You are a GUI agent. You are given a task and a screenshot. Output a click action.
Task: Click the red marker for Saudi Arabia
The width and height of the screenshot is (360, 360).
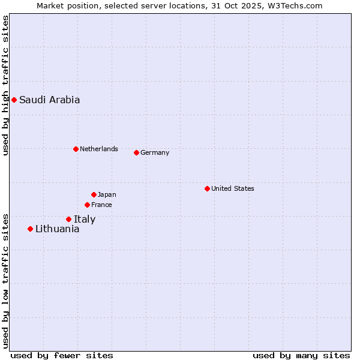(14, 100)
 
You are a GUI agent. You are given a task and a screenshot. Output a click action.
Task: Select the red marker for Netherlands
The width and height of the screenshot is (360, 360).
(76, 149)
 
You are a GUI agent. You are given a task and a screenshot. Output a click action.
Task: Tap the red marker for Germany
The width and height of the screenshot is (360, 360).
(136, 152)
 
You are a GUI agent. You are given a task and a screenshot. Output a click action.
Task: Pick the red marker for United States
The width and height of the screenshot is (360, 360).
(207, 188)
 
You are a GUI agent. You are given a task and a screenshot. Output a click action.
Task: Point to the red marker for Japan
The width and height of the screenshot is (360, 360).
(94, 194)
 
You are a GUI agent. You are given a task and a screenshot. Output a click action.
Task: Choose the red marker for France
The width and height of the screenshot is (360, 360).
(87, 205)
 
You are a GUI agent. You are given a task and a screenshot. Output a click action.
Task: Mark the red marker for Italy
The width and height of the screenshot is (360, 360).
(68, 219)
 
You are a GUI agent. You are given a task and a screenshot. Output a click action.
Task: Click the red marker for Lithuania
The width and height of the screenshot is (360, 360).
(30, 229)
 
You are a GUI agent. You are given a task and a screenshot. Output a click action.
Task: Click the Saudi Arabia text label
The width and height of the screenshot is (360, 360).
(49, 100)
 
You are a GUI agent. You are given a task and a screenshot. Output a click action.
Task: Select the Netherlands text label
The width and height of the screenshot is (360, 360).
(98, 149)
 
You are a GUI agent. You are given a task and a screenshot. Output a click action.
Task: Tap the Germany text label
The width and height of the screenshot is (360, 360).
(155, 152)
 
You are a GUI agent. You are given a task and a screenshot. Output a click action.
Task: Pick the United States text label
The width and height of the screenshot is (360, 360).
(232, 188)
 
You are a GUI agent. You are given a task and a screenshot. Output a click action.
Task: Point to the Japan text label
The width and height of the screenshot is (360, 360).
(107, 194)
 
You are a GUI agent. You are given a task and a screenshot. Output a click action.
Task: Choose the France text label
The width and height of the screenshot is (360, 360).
(101, 205)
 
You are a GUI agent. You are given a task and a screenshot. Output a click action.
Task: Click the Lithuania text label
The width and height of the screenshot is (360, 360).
(57, 229)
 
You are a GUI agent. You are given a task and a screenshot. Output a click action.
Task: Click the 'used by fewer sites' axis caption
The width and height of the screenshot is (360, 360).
(62, 355)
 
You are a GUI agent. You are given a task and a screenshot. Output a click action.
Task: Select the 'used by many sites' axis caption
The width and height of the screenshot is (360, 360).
(301, 355)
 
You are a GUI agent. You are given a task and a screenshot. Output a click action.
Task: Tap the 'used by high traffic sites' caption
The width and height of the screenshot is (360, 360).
(5, 85)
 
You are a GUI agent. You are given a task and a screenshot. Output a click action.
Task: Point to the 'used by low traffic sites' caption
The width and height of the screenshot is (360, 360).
(5, 280)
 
